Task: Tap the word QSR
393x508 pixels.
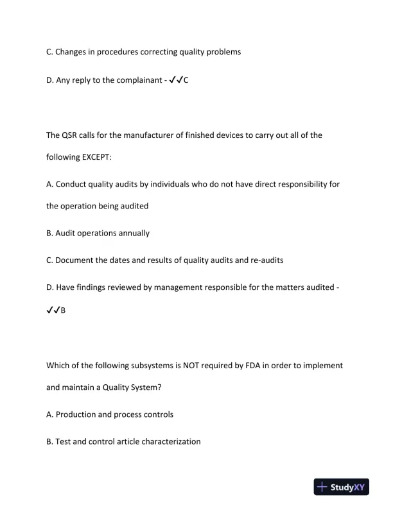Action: pyautogui.click(x=72, y=135)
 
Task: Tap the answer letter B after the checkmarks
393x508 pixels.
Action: pyautogui.click(x=63, y=311)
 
